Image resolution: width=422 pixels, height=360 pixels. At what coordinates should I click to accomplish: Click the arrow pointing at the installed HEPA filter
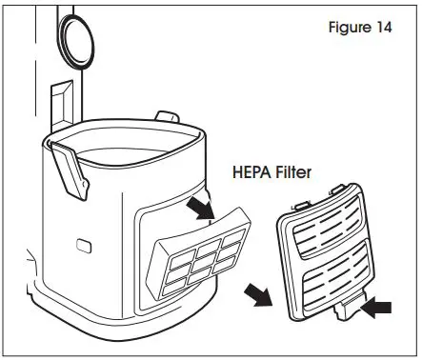click(x=200, y=207)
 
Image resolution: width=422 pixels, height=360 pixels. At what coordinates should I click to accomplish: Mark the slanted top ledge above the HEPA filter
click(x=181, y=221)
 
